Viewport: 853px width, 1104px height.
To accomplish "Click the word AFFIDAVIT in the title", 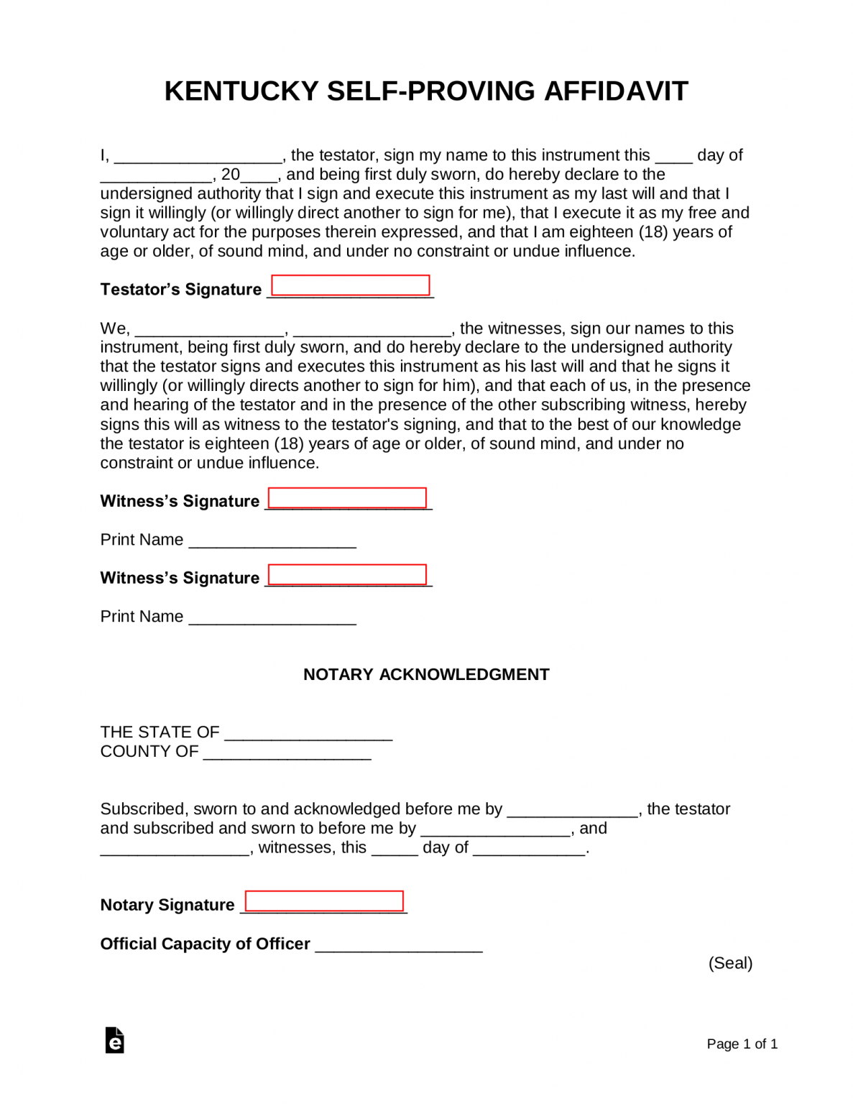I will tap(616, 91).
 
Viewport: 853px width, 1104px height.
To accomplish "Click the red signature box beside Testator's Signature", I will tap(351, 285).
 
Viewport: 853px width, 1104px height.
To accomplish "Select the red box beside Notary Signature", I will tap(324, 901).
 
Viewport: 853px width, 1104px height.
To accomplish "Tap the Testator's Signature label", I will tap(181, 290).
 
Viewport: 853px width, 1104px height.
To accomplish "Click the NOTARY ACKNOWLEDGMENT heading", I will tap(426, 674).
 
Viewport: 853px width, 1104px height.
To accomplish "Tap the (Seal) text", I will tap(730, 963).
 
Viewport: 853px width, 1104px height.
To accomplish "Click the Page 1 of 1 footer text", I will tap(742, 1044).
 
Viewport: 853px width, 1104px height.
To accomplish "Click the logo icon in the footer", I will tap(115, 1040).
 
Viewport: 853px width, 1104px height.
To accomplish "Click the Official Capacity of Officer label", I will tap(206, 944).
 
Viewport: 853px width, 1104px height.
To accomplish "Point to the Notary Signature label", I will tap(167, 905).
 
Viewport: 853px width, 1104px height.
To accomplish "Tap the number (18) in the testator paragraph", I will tap(653, 232).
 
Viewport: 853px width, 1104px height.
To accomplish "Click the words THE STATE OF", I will tap(160, 732).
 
